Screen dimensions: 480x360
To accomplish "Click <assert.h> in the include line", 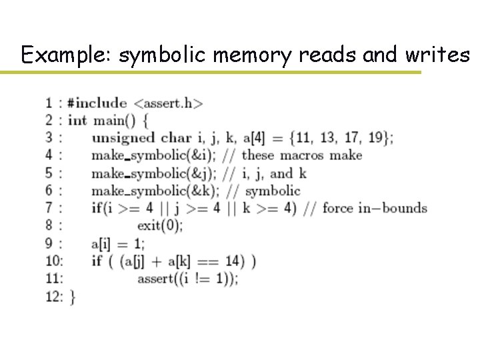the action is (168, 103).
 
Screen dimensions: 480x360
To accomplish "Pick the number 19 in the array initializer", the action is (377, 138).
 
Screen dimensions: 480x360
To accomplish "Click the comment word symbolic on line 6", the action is (273, 191).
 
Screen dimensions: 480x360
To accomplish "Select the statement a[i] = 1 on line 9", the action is (117, 243).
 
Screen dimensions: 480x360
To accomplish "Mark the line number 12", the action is (53, 296).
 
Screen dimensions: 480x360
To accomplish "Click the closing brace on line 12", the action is (72, 297).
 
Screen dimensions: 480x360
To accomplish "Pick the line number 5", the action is (49, 173).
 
